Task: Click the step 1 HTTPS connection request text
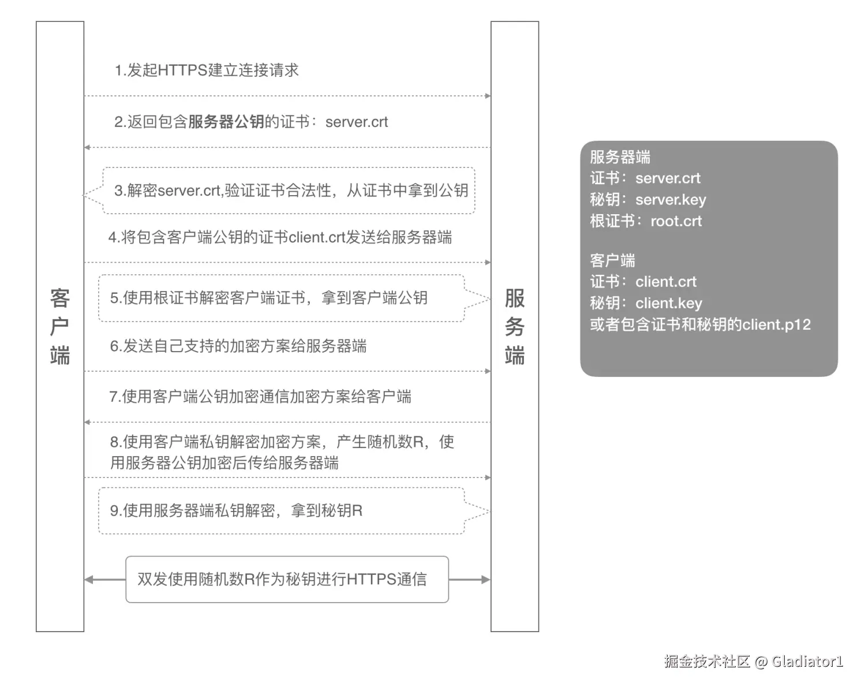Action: click(x=207, y=70)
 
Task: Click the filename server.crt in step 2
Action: click(x=356, y=122)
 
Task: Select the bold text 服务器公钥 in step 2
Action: click(x=226, y=122)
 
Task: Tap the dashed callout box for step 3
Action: click(x=289, y=191)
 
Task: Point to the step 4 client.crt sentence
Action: click(x=280, y=237)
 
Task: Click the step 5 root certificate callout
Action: click(x=281, y=298)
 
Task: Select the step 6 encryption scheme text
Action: click(x=238, y=346)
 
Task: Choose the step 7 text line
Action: click(x=260, y=397)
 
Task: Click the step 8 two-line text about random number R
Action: click(x=282, y=452)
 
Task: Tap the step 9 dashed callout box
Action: click(x=281, y=511)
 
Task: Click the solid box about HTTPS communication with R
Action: click(x=287, y=579)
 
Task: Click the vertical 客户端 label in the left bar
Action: click(x=60, y=326)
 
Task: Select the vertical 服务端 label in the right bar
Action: click(x=515, y=326)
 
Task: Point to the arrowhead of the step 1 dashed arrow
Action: click(x=488, y=96)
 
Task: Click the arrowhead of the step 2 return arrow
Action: click(x=88, y=148)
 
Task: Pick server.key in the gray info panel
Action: click(x=671, y=200)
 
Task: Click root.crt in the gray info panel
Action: click(x=676, y=221)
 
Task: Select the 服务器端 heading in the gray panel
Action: click(x=620, y=157)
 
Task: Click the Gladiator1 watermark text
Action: click(x=807, y=662)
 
